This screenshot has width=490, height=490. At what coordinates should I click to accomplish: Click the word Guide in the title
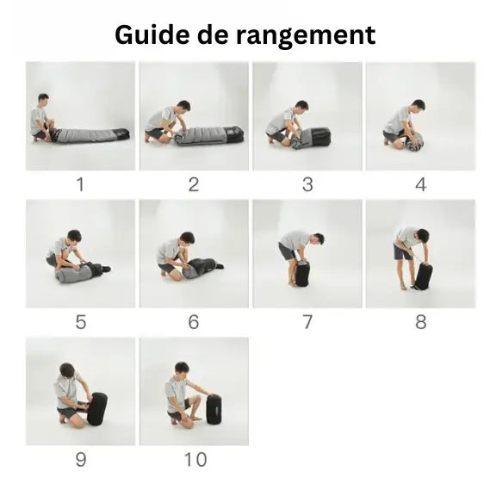tap(152, 36)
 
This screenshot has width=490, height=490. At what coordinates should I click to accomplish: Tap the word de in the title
tap(213, 34)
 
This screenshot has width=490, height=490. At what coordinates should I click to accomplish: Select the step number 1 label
tap(80, 184)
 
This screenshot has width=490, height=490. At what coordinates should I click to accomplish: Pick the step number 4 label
tap(420, 184)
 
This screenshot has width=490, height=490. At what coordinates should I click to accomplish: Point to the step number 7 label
tap(307, 322)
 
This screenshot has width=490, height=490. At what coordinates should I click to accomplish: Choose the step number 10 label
tap(195, 459)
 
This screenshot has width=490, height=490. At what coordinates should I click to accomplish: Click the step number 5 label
tap(81, 322)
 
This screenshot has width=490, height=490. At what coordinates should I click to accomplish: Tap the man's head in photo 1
tap(43, 99)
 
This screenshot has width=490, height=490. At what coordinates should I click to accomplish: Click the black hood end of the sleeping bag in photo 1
tap(121, 133)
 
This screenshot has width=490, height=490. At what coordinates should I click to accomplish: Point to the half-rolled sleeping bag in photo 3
tap(311, 138)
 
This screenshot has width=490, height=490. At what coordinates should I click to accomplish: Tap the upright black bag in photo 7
tap(302, 274)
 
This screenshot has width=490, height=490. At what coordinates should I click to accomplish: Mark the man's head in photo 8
tap(423, 235)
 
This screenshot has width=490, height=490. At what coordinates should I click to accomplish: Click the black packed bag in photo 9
tap(97, 409)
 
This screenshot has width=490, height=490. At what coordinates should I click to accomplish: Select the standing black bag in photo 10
tap(214, 409)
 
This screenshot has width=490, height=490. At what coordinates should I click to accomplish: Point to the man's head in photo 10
tap(182, 369)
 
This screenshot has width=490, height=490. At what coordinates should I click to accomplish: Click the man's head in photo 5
tap(74, 237)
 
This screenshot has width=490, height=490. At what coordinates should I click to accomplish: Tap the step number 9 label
tap(81, 459)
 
